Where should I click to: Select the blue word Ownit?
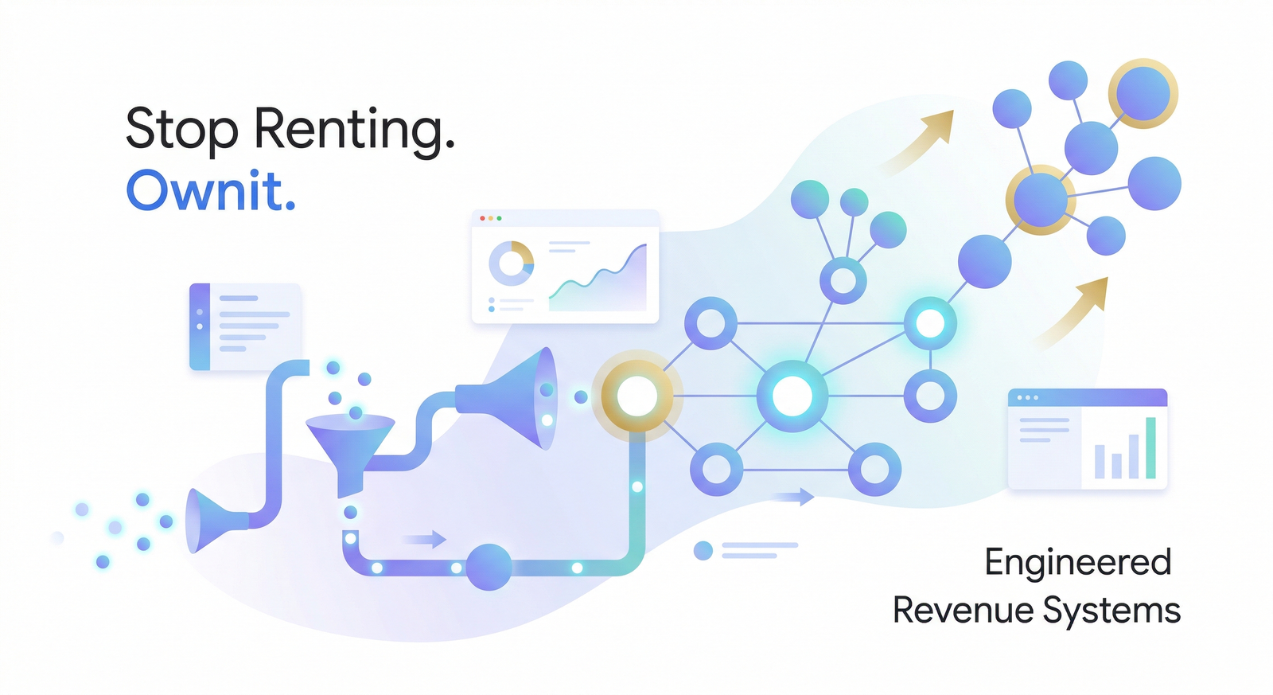(x=210, y=190)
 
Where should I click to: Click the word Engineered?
(x=1077, y=563)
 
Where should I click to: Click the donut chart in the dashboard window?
(x=511, y=264)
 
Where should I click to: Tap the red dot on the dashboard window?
(x=482, y=218)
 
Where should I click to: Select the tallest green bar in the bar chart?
(x=1150, y=447)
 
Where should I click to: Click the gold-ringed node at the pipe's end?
(x=637, y=396)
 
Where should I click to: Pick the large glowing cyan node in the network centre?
(x=792, y=396)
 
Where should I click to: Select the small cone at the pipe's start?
(x=216, y=521)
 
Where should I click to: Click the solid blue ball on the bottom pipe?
(x=489, y=567)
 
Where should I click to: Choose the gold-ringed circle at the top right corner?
(x=1143, y=94)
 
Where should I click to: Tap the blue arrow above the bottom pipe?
(x=424, y=539)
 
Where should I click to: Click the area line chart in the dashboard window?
(x=598, y=278)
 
